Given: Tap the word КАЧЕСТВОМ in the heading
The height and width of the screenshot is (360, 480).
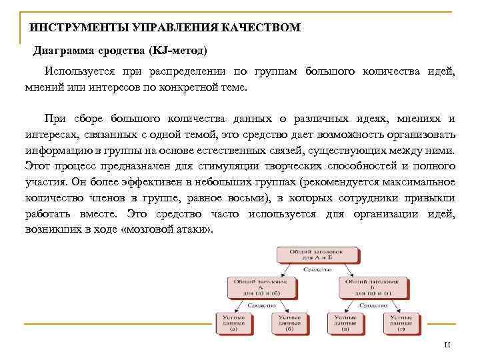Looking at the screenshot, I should [x=263, y=28].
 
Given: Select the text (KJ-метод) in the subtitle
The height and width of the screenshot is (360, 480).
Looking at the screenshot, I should [x=178, y=51].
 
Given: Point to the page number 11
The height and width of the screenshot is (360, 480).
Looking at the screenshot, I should [x=447, y=345].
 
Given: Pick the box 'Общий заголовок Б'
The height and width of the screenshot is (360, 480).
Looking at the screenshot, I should [x=373, y=287].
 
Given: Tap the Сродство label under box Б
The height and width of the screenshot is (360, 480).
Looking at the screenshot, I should [x=373, y=305].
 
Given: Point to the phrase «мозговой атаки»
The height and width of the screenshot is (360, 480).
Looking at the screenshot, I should [x=180, y=230].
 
